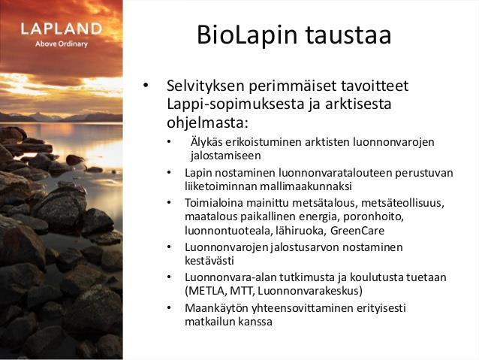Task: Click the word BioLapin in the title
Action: [x=247, y=35]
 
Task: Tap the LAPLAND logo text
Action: [x=62, y=29]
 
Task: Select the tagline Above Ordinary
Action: [x=62, y=44]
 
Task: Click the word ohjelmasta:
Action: [x=206, y=123]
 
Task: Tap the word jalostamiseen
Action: [x=226, y=156]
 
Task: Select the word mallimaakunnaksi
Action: [x=306, y=186]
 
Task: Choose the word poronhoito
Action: [x=374, y=217]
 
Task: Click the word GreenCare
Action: [x=357, y=231]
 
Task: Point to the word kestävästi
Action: [x=209, y=261]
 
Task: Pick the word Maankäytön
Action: [x=216, y=308]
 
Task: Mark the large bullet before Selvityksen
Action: [x=146, y=85]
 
